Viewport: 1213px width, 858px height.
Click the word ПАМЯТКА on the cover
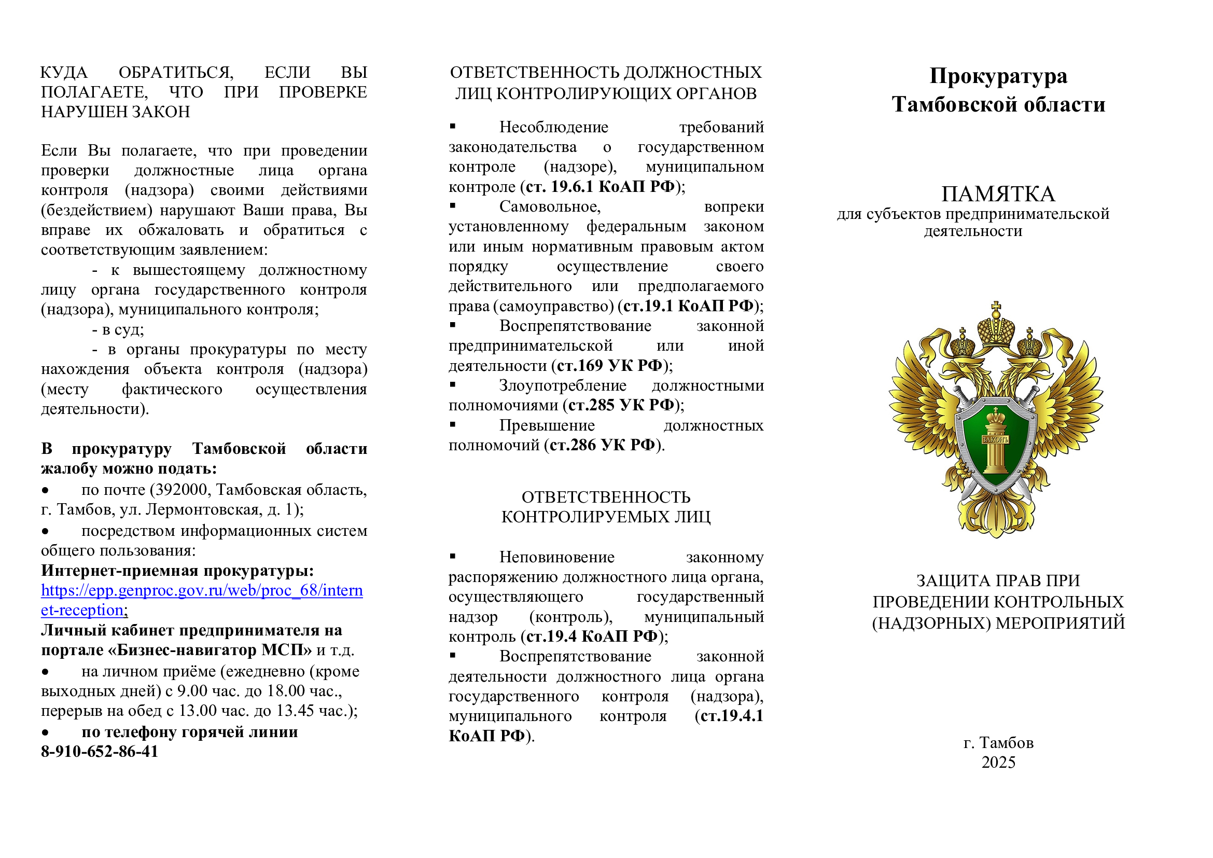[x=998, y=195]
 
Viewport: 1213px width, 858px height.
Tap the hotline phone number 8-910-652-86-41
[x=100, y=752]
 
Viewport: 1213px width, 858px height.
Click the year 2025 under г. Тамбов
[x=998, y=763]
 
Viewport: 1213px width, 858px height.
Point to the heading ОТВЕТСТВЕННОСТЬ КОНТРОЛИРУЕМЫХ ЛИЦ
[x=606, y=507]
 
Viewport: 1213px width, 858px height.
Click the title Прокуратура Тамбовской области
[x=998, y=90]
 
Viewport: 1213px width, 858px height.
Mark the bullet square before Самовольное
[x=453, y=205]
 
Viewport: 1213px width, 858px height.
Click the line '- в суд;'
[x=118, y=330]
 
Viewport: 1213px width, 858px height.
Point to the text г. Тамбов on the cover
[x=998, y=743]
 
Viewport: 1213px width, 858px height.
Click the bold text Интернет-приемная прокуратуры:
[x=177, y=571]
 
